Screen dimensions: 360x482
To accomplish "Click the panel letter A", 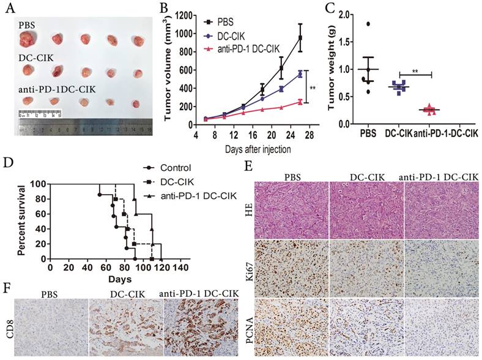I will [9, 8].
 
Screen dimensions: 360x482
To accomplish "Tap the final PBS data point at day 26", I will [300, 38].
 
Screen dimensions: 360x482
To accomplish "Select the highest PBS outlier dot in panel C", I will [368, 24].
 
